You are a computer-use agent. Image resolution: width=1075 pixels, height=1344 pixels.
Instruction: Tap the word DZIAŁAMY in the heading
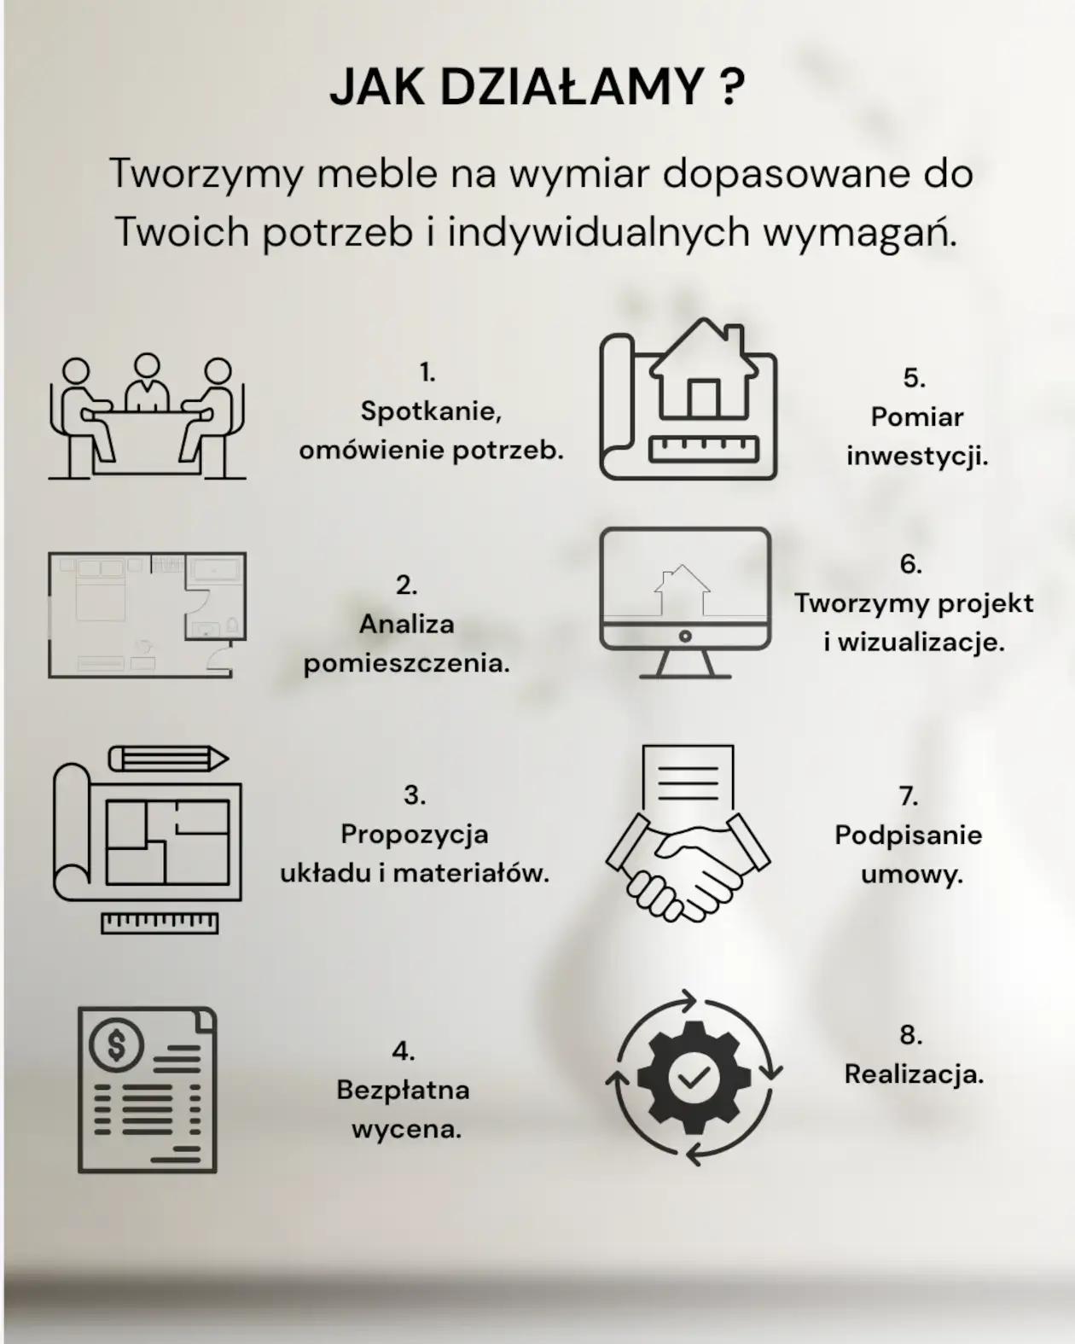tap(572, 87)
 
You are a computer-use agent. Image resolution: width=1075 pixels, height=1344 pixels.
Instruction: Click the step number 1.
tap(427, 373)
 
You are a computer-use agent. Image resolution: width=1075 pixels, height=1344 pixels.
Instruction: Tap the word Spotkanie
tap(431, 411)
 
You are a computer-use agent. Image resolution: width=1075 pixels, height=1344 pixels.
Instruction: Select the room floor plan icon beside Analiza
tap(148, 614)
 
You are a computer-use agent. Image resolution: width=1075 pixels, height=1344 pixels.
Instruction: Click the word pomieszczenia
tap(407, 663)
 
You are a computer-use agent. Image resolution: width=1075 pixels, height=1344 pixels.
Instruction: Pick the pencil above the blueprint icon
tap(169, 759)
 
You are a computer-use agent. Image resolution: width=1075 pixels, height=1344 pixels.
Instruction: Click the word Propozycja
tap(414, 835)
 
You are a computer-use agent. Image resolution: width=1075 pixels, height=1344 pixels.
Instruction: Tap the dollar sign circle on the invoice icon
tap(117, 1044)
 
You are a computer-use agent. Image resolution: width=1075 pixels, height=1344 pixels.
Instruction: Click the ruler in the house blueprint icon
tap(703, 449)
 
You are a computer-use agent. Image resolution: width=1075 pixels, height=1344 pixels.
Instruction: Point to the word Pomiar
tap(917, 417)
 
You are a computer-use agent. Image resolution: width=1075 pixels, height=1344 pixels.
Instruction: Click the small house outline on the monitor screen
tap(682, 591)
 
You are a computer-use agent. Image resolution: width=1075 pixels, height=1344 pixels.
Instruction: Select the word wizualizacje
tap(921, 643)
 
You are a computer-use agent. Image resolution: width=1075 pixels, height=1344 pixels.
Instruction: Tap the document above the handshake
tap(688, 781)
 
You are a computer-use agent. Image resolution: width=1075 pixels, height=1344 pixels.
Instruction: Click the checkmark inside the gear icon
tap(694, 1077)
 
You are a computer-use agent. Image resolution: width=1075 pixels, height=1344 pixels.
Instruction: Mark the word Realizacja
tap(914, 1075)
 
